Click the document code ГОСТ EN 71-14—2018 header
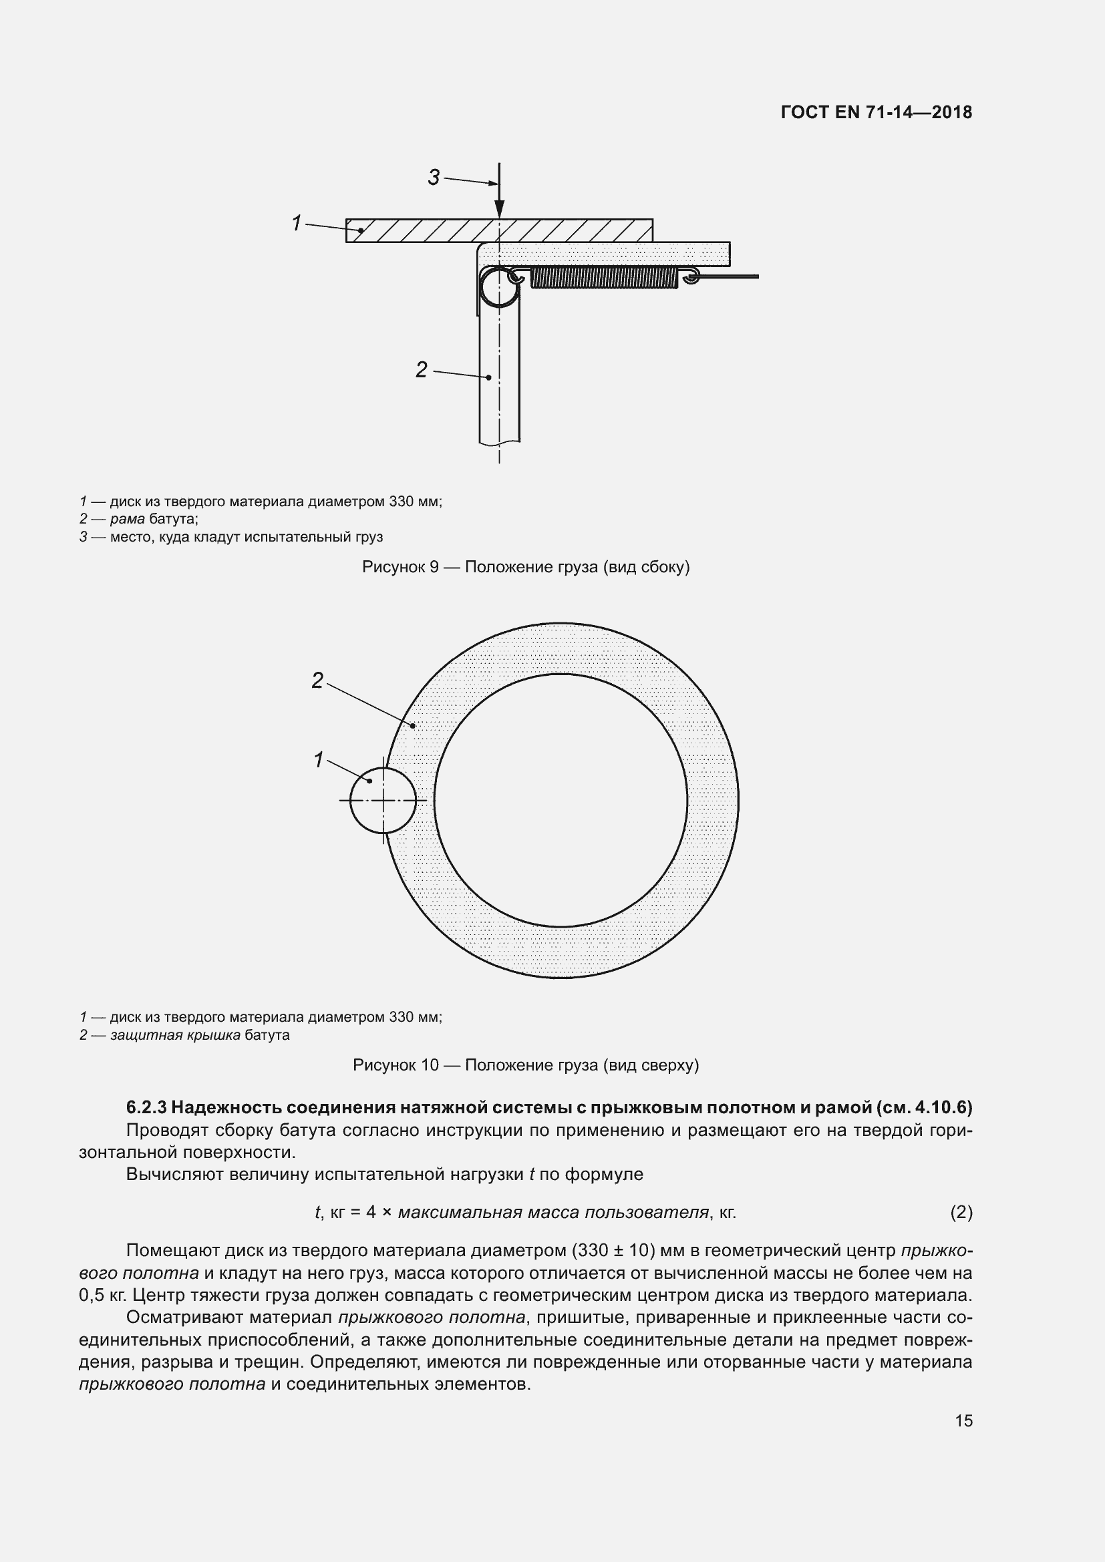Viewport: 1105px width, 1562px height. [x=877, y=112]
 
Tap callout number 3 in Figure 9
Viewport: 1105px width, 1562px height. [x=434, y=178]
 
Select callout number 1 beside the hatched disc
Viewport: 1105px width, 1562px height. [x=297, y=222]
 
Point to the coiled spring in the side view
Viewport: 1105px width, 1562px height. [x=604, y=277]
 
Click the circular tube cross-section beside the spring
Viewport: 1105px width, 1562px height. [x=499, y=287]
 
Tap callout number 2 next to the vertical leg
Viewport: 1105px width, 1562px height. [x=421, y=369]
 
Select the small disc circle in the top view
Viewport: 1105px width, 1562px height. [x=383, y=800]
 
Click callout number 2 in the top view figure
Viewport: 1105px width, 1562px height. [x=317, y=680]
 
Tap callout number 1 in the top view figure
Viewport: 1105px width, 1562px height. [x=318, y=760]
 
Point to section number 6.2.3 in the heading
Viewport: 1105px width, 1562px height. [x=146, y=1107]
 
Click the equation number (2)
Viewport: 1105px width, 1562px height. [x=961, y=1212]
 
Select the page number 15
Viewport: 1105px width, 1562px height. [x=963, y=1420]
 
